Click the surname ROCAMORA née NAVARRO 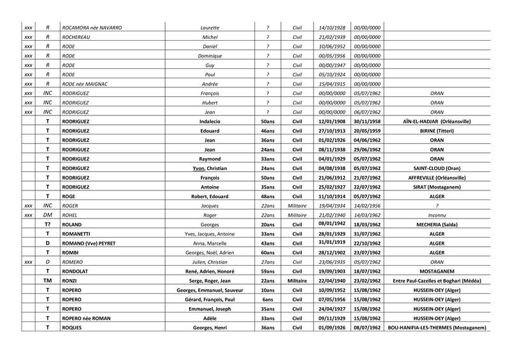coord(92,27)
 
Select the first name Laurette coord(210,27)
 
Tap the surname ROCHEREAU coord(78,38)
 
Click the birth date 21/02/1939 coord(331,38)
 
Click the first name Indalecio coord(210,120)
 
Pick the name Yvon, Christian coord(210,169)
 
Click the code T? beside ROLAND coord(47,225)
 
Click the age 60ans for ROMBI coord(268,253)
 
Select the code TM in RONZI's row coord(47,281)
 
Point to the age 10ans coord(268,291)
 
